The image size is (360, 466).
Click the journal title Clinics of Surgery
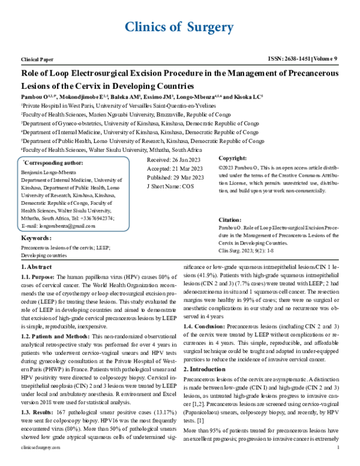coord(179,27)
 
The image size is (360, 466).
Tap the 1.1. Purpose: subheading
coord(40,278)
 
